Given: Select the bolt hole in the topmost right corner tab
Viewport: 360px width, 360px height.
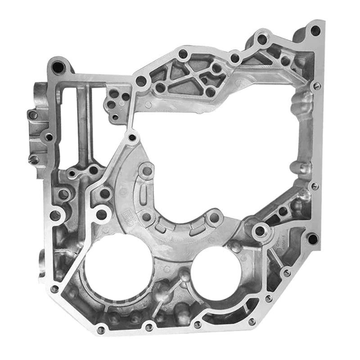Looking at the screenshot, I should [x=315, y=31].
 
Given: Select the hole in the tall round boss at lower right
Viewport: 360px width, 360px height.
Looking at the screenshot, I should [x=260, y=231].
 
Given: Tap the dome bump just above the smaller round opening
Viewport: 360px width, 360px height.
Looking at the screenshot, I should [x=235, y=246].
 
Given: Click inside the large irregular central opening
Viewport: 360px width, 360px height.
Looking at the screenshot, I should [x=216, y=148].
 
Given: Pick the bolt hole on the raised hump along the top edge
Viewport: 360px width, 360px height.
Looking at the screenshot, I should [x=183, y=54].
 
